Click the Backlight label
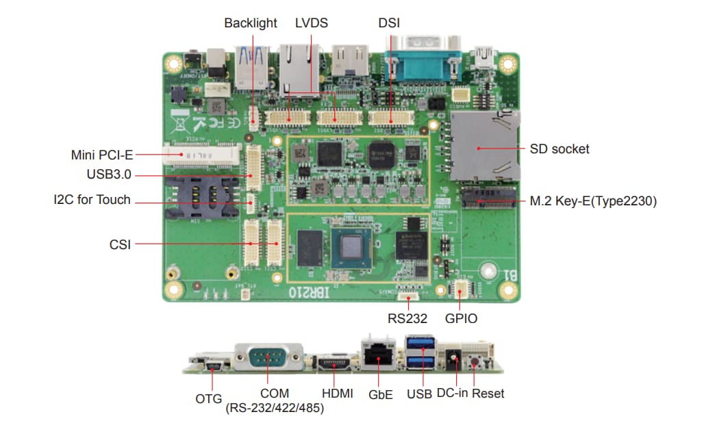[x=251, y=23]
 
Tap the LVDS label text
[x=312, y=23]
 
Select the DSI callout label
[x=389, y=23]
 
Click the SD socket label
[x=559, y=149]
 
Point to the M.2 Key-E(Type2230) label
[x=593, y=201]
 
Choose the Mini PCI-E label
[x=101, y=154]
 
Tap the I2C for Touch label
[x=92, y=201]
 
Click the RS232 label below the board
[x=407, y=318]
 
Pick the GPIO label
[x=461, y=318]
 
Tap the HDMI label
[x=337, y=394]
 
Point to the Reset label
[x=488, y=394]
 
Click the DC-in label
[x=451, y=394]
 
